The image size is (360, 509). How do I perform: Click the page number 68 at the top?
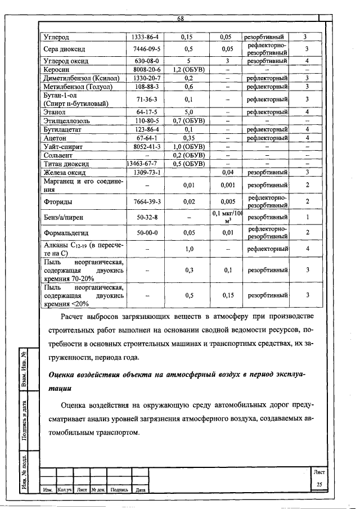point(181,19)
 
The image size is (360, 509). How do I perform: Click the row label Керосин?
point(56,69)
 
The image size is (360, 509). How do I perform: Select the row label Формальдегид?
point(66,232)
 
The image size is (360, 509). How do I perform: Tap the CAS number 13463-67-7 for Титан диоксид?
point(145,163)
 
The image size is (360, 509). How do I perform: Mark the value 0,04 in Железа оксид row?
point(228,172)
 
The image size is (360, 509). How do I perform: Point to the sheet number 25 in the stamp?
point(319,484)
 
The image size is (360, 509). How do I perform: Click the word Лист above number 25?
point(319,473)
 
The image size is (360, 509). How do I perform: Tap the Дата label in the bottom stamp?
point(141,490)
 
